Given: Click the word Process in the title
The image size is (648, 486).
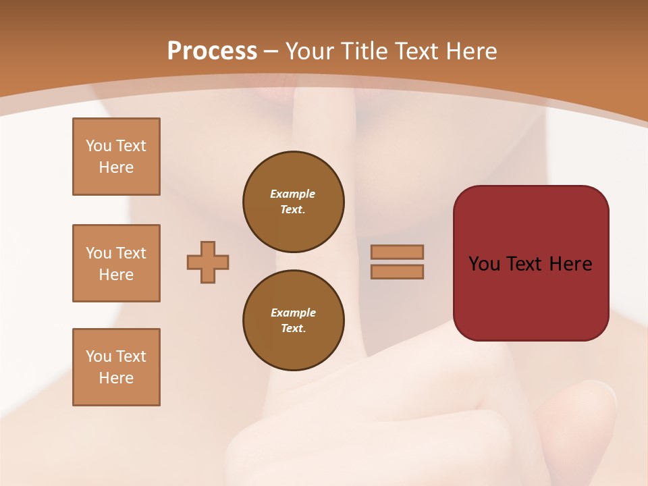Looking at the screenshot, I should point(212,51).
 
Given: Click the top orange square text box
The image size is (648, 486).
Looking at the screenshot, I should point(116,157).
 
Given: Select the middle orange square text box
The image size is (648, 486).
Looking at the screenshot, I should point(116,263).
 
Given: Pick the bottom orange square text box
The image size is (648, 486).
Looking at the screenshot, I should point(116,367).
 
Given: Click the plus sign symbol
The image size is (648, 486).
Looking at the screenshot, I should point(208,262).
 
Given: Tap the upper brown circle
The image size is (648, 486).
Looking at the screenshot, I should point(293,202).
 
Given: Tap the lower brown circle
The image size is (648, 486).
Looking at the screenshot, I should point(293,321).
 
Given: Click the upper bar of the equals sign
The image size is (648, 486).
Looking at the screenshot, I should point(397,252).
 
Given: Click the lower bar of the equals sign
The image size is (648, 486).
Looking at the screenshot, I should point(397,271).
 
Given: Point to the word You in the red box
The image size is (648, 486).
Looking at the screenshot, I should point(483,264).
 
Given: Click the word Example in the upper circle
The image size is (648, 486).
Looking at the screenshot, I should point(293,194).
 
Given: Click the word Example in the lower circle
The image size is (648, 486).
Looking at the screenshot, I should point(293,313).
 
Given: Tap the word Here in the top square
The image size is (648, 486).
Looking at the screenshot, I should point(116,167).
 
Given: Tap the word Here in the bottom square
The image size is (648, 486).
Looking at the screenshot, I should point(116,378).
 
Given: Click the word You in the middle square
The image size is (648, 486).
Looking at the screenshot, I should point(98,253).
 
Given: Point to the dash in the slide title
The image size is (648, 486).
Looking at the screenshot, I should point(271,52).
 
